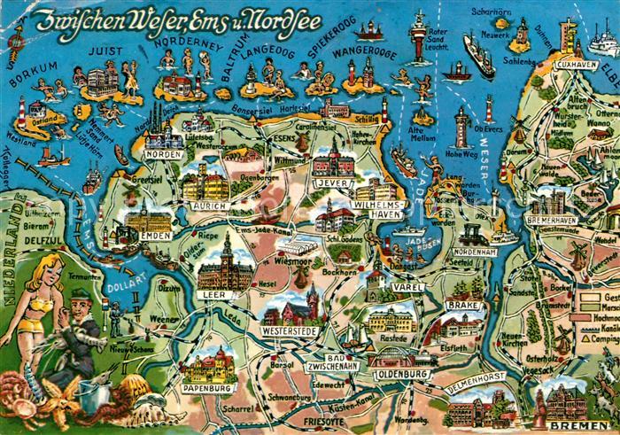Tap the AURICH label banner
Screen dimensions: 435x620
coord(209,206)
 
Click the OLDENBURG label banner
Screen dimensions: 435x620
coord(402,374)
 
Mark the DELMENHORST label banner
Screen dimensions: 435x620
coord(475,385)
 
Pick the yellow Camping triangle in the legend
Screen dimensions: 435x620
coord(585,337)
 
